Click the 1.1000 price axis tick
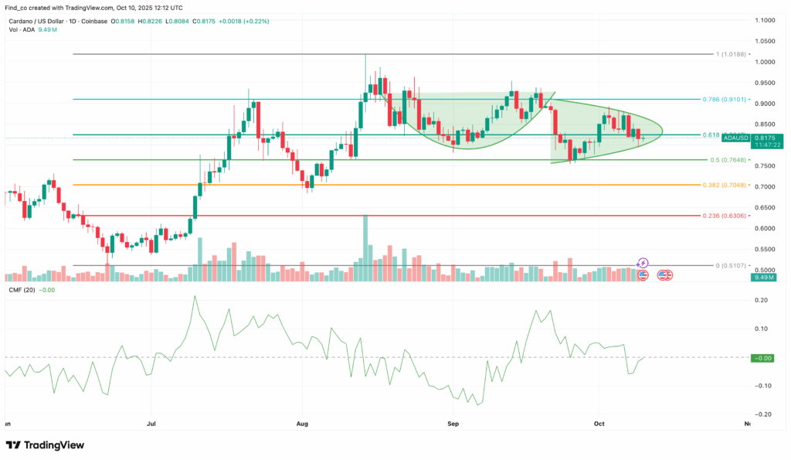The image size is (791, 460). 766,20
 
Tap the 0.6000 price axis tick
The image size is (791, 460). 766,229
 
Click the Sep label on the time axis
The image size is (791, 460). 453,424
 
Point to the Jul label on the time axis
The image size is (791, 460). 151,424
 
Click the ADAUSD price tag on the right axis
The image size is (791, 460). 735,138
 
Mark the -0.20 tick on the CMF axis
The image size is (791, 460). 762,414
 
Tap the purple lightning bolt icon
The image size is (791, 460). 643,264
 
